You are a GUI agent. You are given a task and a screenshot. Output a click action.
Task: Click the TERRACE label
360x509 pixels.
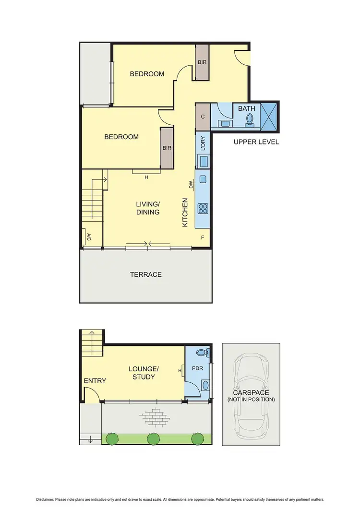(146, 274)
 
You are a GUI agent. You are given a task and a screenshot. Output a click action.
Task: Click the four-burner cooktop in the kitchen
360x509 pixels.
(203, 209)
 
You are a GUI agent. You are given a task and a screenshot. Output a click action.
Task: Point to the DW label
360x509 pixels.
(191, 185)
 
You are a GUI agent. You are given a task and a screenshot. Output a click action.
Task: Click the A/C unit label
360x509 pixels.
(89, 237)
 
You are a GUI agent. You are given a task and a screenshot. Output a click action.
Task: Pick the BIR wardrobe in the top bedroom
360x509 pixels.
(202, 62)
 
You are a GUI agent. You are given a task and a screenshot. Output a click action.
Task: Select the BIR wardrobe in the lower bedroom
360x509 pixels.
(167, 148)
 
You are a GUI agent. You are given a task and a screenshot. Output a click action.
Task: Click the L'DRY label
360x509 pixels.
(203, 142)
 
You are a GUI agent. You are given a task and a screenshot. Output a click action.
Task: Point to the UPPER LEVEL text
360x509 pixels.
(256, 142)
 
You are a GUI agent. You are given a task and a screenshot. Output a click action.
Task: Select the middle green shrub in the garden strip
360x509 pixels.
(154, 438)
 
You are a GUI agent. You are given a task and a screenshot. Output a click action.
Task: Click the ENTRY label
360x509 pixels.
(95, 380)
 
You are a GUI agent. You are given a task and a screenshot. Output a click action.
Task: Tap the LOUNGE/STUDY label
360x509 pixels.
(144, 373)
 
